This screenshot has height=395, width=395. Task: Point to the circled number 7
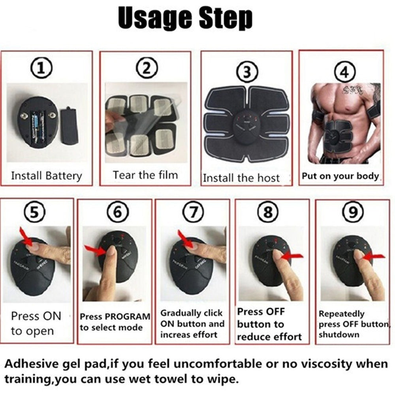(192, 213)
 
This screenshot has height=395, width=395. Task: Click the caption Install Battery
(46, 176)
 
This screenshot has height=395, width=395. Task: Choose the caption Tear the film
(145, 175)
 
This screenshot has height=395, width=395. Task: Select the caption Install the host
(241, 178)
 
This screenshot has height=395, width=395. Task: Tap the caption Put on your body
(340, 176)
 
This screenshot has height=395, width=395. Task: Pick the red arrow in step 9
(373, 257)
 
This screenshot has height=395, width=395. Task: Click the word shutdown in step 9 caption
(334, 335)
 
